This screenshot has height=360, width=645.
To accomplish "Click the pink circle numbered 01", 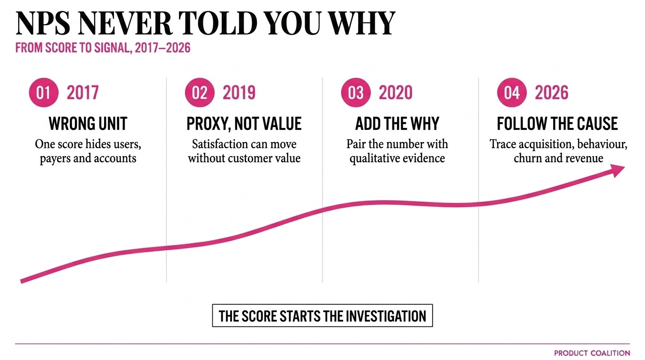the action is pos(44,92).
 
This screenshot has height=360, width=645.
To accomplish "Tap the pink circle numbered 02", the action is pos(200,92).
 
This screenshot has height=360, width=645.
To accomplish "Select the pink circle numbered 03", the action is pos(356,92).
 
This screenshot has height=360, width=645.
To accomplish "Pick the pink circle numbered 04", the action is pos(512,92).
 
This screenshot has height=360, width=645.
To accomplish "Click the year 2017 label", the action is pos(82,93).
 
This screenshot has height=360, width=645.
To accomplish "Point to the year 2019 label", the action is pos(239,93).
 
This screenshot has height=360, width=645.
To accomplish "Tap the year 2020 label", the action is pos(395,93).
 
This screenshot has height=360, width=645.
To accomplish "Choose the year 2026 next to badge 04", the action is pos(551,93).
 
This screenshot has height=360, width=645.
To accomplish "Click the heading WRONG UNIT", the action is pos(88,124).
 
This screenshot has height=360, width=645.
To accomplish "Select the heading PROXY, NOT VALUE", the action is pos(244,124).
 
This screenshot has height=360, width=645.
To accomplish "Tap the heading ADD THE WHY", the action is pos(397,124).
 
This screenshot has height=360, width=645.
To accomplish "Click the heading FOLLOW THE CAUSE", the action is pos(557,124).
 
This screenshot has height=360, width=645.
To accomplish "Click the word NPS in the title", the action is pos(43,23).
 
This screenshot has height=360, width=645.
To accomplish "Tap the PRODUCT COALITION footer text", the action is pos(592,353).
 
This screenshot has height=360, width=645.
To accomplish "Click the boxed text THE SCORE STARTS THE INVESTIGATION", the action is pos(322,315).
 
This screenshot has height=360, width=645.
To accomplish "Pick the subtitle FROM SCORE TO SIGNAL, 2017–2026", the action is pos(103,48).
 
